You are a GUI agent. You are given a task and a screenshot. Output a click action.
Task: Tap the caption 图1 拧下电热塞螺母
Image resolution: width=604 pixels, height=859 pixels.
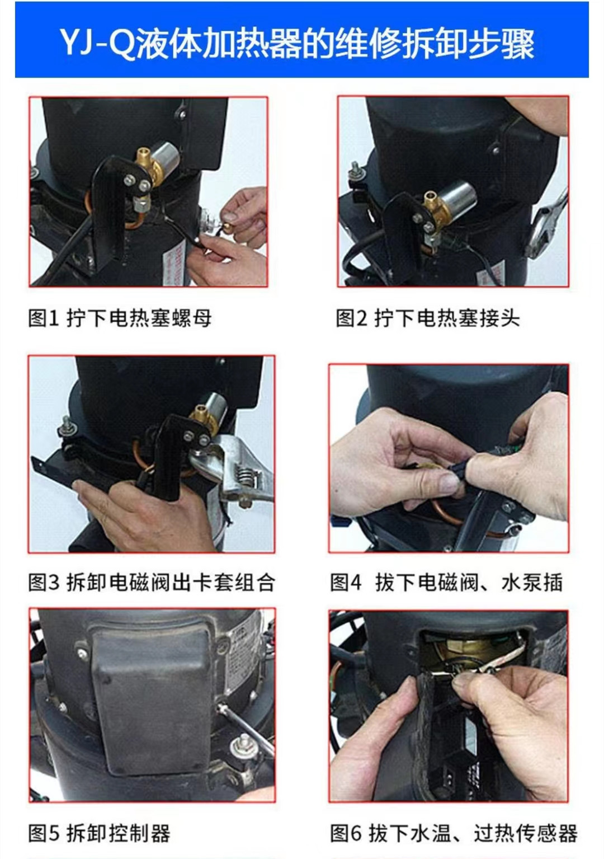pyautogui.click(x=120, y=318)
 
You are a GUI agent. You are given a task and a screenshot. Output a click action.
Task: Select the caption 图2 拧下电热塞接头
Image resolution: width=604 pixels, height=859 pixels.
pyautogui.click(x=427, y=318)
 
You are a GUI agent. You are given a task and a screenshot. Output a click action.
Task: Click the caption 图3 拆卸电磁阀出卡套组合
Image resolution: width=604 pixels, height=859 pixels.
pyautogui.click(x=151, y=583)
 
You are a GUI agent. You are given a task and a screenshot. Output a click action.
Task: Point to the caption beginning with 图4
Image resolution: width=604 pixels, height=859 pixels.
pyautogui.click(x=446, y=583)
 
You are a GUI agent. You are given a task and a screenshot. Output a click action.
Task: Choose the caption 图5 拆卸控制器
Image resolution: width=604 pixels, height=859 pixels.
pyautogui.click(x=99, y=833)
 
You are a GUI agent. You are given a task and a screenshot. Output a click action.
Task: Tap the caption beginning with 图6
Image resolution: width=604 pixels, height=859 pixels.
pyautogui.click(x=453, y=833)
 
